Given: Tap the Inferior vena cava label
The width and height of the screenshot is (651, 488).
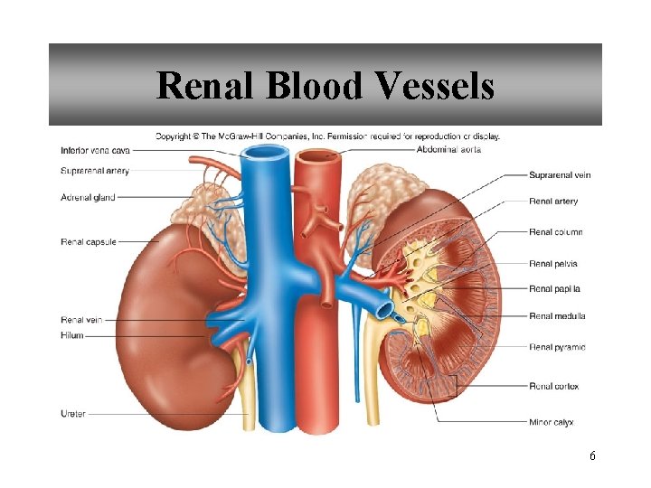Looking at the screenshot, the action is [97, 150].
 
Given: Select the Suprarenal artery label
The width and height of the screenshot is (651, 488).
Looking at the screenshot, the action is [95, 170].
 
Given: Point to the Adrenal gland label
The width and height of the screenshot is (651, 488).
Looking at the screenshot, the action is [89, 195].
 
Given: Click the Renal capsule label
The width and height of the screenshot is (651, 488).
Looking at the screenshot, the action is [89, 241].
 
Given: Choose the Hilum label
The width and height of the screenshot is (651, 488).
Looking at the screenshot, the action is [72, 335].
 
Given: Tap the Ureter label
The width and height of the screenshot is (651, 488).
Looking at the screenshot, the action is [74, 414].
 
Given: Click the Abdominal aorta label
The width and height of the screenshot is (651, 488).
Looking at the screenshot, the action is [449, 149].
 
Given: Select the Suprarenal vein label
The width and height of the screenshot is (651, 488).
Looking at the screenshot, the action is [560, 174].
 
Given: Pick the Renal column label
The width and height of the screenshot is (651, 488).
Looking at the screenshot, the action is [556, 232].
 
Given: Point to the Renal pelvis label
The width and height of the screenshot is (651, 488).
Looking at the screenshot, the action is [553, 264].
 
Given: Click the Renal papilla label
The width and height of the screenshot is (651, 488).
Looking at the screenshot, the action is [555, 289].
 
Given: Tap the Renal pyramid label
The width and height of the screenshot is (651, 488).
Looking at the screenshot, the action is [557, 347].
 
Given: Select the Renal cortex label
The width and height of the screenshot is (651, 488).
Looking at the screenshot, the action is [553, 386].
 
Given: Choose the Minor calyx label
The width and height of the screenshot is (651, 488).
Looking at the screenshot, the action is [552, 422].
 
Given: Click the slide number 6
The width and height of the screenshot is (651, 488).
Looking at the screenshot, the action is [591, 456].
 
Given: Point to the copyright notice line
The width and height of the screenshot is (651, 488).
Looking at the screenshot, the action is [327, 136].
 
